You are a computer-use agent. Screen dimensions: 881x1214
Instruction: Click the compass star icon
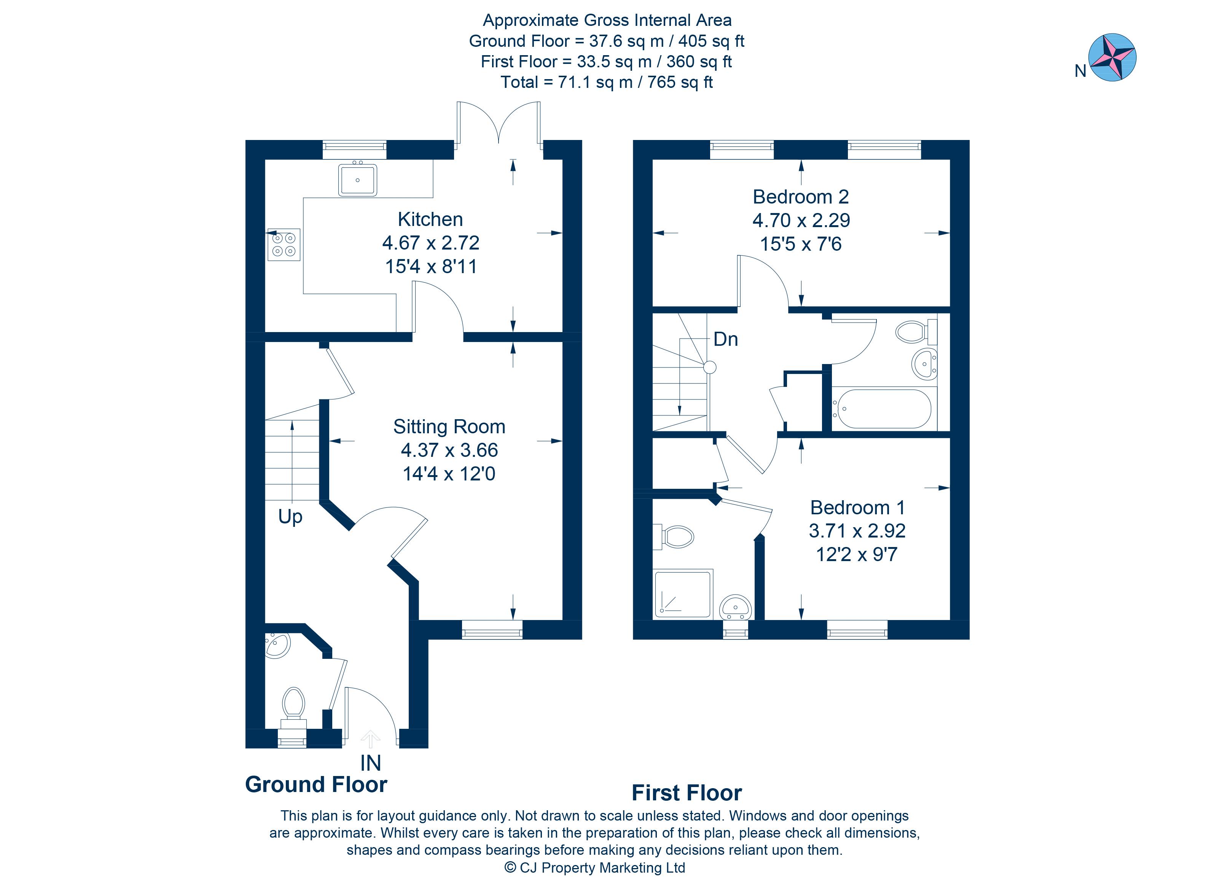(1112, 57)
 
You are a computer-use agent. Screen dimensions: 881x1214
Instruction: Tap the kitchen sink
(358, 180)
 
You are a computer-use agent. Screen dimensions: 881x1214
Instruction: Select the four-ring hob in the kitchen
(284, 245)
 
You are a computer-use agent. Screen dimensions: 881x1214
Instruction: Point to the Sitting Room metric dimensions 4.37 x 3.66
(449, 450)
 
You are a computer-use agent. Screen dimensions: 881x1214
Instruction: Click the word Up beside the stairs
(290, 517)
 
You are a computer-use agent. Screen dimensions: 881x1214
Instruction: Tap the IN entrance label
(370, 763)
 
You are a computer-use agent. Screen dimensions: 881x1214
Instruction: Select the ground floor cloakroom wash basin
(278, 646)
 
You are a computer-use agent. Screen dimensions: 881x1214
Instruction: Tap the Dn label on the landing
(726, 340)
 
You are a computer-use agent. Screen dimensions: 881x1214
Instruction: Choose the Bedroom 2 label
(801, 197)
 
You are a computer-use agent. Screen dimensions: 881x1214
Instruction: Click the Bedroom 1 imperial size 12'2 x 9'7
(856, 555)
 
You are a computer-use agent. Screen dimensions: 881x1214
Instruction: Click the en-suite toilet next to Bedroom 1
(677, 536)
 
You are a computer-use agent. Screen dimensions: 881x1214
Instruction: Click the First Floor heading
(687, 793)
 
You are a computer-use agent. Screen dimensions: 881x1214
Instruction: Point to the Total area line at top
(607, 83)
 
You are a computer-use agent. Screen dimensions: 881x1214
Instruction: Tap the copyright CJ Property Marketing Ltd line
(595, 868)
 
